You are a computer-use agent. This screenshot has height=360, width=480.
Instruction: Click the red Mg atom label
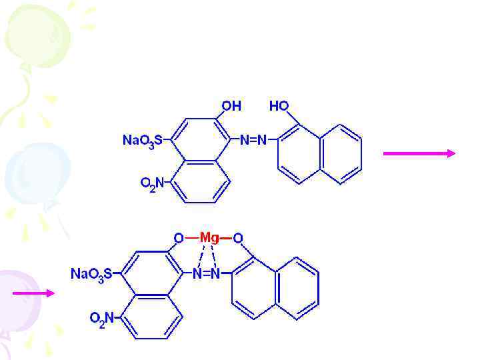[209, 238]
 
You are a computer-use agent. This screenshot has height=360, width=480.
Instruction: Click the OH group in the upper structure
[231, 106]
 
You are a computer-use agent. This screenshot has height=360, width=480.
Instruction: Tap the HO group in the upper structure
[279, 106]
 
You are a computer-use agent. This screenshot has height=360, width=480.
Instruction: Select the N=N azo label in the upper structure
[253, 140]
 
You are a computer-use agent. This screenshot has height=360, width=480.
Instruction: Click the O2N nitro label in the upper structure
[152, 183]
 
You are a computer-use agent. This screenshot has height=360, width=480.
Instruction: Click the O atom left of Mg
[178, 238]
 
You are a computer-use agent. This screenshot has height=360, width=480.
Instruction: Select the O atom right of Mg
[238, 238]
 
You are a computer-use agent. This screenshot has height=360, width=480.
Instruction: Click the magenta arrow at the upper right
[419, 153]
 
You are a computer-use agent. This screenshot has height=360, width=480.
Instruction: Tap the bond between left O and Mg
[191, 238]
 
